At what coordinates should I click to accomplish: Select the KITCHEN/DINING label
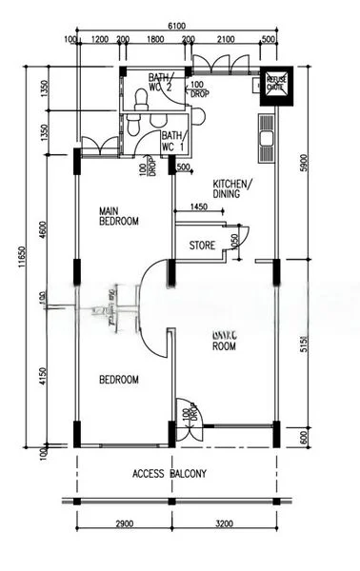[x=231, y=187]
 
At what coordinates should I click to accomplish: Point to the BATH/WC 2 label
[x=161, y=85]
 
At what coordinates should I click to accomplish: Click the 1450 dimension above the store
[x=198, y=207]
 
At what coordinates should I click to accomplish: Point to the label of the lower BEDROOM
[x=119, y=379]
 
